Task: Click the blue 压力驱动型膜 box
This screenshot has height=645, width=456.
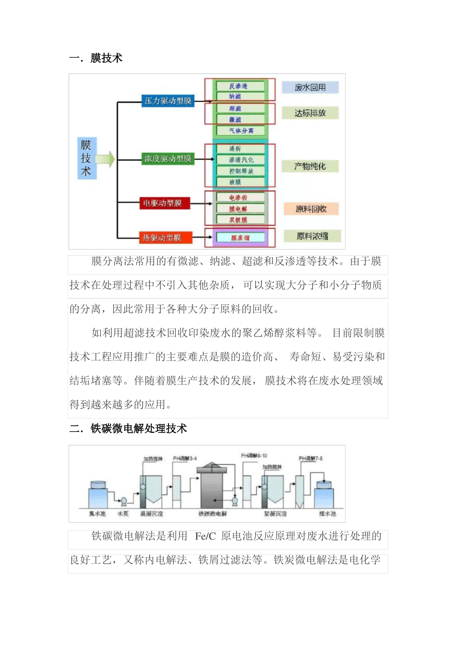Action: pyautogui.click(x=168, y=101)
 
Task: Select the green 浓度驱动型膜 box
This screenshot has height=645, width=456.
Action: pyautogui.click(x=168, y=159)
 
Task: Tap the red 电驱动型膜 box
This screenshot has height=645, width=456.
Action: pyautogui.click(x=162, y=203)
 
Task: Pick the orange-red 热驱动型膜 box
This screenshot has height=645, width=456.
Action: pyautogui.click(x=162, y=238)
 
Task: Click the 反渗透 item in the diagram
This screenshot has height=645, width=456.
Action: pyautogui.click(x=240, y=86)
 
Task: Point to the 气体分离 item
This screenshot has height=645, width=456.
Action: pyautogui.click(x=240, y=131)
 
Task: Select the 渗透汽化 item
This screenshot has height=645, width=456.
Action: pyautogui.click(x=240, y=160)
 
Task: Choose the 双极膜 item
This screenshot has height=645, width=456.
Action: pyautogui.click(x=239, y=220)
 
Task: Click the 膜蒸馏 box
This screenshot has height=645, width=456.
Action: pyautogui.click(x=240, y=238)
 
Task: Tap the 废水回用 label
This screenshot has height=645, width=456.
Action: pyautogui.click(x=310, y=87)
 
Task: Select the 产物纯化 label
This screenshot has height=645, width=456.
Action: pyautogui.click(x=310, y=167)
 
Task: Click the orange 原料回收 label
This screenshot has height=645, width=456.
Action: pyautogui.click(x=311, y=209)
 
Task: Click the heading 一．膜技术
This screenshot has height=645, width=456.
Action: pyautogui.click(x=96, y=58)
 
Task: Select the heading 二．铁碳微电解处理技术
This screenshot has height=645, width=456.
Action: pyautogui.click(x=128, y=429)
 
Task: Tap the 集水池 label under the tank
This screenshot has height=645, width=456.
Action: pyautogui.click(x=97, y=514)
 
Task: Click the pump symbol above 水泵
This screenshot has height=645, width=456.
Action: pyautogui.click(x=123, y=502)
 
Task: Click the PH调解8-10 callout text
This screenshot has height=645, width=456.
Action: pyautogui.click(x=254, y=456)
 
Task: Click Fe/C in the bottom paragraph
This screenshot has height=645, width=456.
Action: pyautogui.click(x=205, y=537)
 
